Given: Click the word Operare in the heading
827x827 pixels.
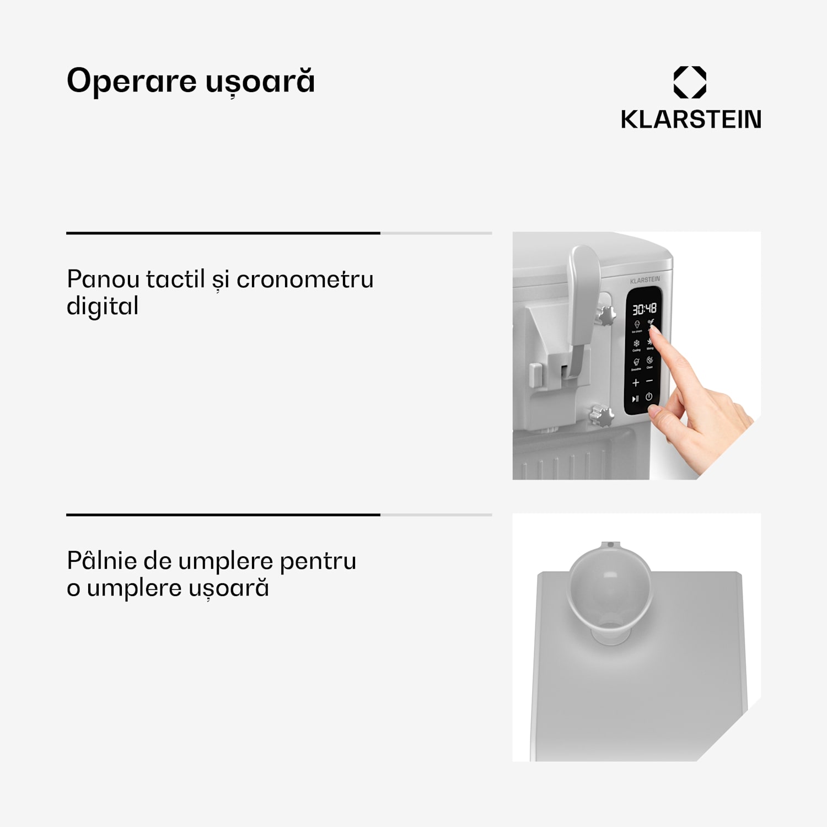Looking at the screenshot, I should pos(131,81).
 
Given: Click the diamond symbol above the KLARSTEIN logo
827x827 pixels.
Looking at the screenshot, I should pos(690,82).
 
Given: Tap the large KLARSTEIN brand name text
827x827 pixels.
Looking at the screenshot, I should pos(691,120).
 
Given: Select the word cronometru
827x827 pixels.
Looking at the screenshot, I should pos(305,279).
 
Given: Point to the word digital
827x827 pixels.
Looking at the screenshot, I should pos(103,307).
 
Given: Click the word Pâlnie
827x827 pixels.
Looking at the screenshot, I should pos(101,561).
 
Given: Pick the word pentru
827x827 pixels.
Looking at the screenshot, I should pos(318,561).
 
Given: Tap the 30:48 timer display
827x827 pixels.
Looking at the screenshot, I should pos(644,309).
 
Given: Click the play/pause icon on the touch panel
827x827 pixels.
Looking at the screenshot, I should pos(635,399).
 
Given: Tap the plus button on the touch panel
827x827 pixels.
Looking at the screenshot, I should pos(636,383).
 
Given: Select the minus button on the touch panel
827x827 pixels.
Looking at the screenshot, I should pos(649,381).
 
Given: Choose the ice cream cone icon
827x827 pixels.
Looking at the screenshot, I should pos(637,325).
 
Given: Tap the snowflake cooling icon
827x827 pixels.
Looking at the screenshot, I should pos(636,343).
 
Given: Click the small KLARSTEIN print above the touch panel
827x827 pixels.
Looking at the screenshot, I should pos(645,280).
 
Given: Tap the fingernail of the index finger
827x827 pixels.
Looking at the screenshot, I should pos(653,329).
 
